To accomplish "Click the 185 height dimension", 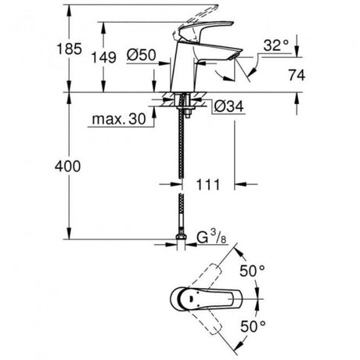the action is coord(69,49).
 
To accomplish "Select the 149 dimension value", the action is coord(103,57).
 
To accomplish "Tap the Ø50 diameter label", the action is coord(142,55).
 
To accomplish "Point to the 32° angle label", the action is coord(276,45).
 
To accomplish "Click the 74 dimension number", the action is coord(297,75).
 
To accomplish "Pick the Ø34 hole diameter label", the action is coord(229,106).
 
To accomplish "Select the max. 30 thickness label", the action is coord(119,119).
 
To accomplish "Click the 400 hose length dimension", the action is coord(67,166).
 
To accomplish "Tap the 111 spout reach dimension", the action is coord(208,185).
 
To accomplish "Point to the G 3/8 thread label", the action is coord(211,237).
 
